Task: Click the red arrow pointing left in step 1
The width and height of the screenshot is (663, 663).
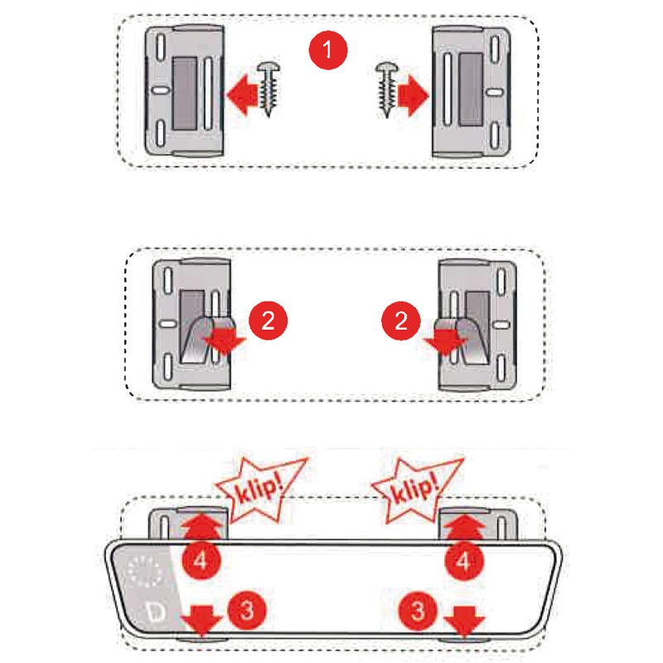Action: point(242,93)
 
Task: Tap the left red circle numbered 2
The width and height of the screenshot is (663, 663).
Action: point(268,320)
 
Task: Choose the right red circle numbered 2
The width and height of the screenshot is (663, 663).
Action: point(399,320)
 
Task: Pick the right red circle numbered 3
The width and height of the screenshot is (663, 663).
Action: point(418,611)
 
